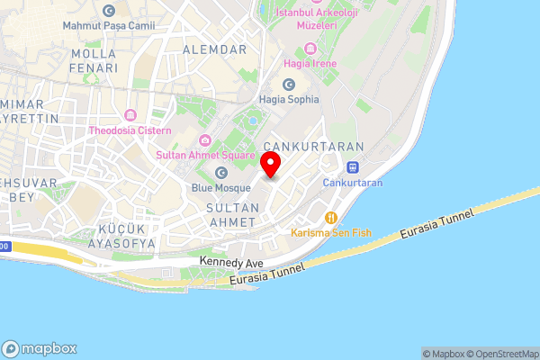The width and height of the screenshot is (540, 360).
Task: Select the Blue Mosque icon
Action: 221,172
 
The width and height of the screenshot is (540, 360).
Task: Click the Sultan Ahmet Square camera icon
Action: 205,139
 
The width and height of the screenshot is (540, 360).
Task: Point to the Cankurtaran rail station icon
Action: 353,166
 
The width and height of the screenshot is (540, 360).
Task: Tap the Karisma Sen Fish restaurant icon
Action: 331,217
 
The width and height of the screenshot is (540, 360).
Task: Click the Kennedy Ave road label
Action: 231,262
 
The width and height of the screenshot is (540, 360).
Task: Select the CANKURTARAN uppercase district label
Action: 313,147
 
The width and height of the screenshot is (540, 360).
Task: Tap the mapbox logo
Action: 39,348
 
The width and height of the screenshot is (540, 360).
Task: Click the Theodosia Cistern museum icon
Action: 130,115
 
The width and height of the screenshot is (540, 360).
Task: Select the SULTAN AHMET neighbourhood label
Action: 233,214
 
